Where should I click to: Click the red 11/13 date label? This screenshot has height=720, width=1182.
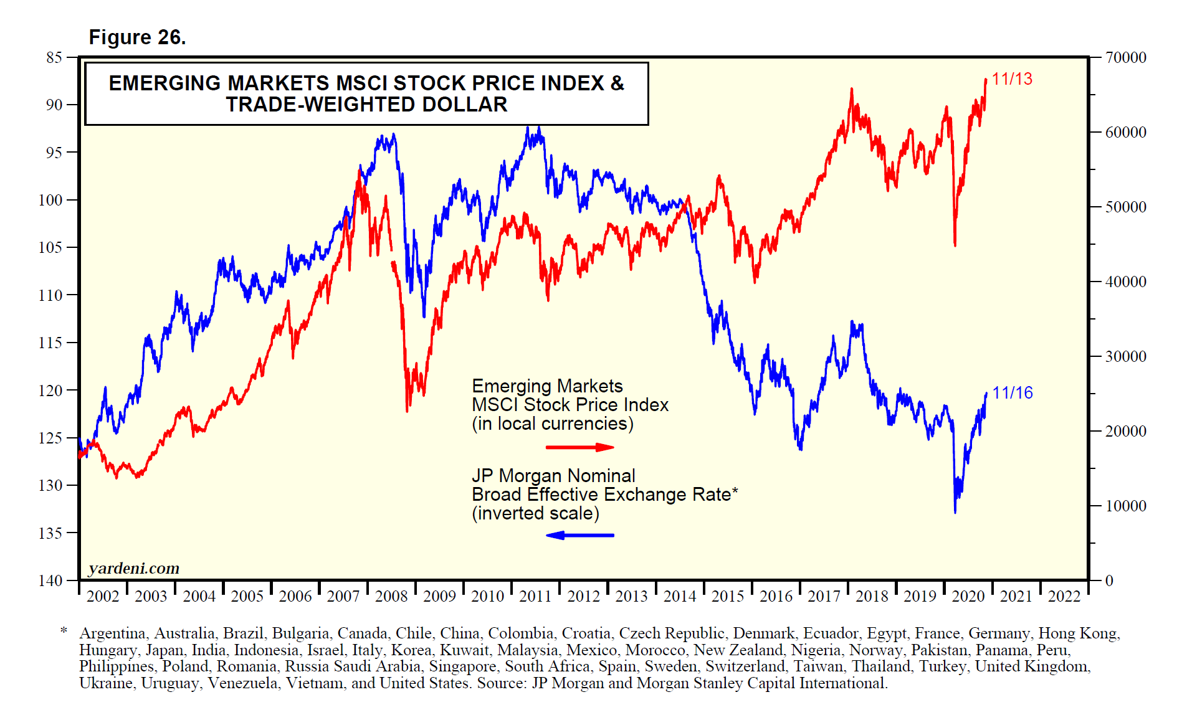click(x=1011, y=79)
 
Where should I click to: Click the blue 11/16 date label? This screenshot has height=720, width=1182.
click(x=1012, y=393)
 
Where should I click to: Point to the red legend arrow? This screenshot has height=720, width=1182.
click(x=579, y=447)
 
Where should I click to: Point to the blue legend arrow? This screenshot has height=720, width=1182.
click(x=579, y=535)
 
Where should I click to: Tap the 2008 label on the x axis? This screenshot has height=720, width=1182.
click(x=391, y=597)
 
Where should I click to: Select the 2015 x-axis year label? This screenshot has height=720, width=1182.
click(x=728, y=597)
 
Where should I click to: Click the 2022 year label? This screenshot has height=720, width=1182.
click(x=1064, y=597)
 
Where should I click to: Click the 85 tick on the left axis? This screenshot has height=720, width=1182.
click(x=54, y=57)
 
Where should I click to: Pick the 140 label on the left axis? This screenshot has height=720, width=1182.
click(x=50, y=580)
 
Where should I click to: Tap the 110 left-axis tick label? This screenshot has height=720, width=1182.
click(x=50, y=295)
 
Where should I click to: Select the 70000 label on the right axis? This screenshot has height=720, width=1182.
click(x=1126, y=58)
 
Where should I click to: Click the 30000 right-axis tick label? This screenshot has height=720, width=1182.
click(x=1126, y=357)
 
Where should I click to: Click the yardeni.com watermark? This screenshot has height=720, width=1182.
click(x=134, y=568)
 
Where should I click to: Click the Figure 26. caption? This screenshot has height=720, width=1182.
click(x=137, y=37)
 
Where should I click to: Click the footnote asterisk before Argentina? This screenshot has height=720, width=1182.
click(x=64, y=632)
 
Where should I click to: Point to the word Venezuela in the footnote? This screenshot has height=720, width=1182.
click(x=243, y=683)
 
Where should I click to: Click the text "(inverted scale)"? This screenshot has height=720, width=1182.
click(x=535, y=513)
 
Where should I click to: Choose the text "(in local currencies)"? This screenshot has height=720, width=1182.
click(x=552, y=424)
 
